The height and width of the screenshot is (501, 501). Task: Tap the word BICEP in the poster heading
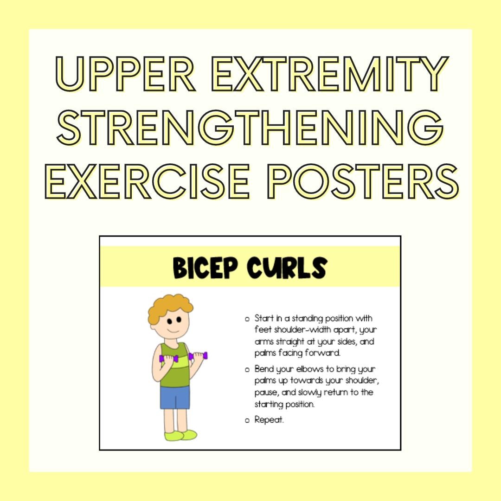coord(207,268)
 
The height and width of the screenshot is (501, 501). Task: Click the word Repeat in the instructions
coord(269,420)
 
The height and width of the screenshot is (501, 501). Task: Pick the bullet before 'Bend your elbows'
coord(247,370)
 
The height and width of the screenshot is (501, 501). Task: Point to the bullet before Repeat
coord(247,421)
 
